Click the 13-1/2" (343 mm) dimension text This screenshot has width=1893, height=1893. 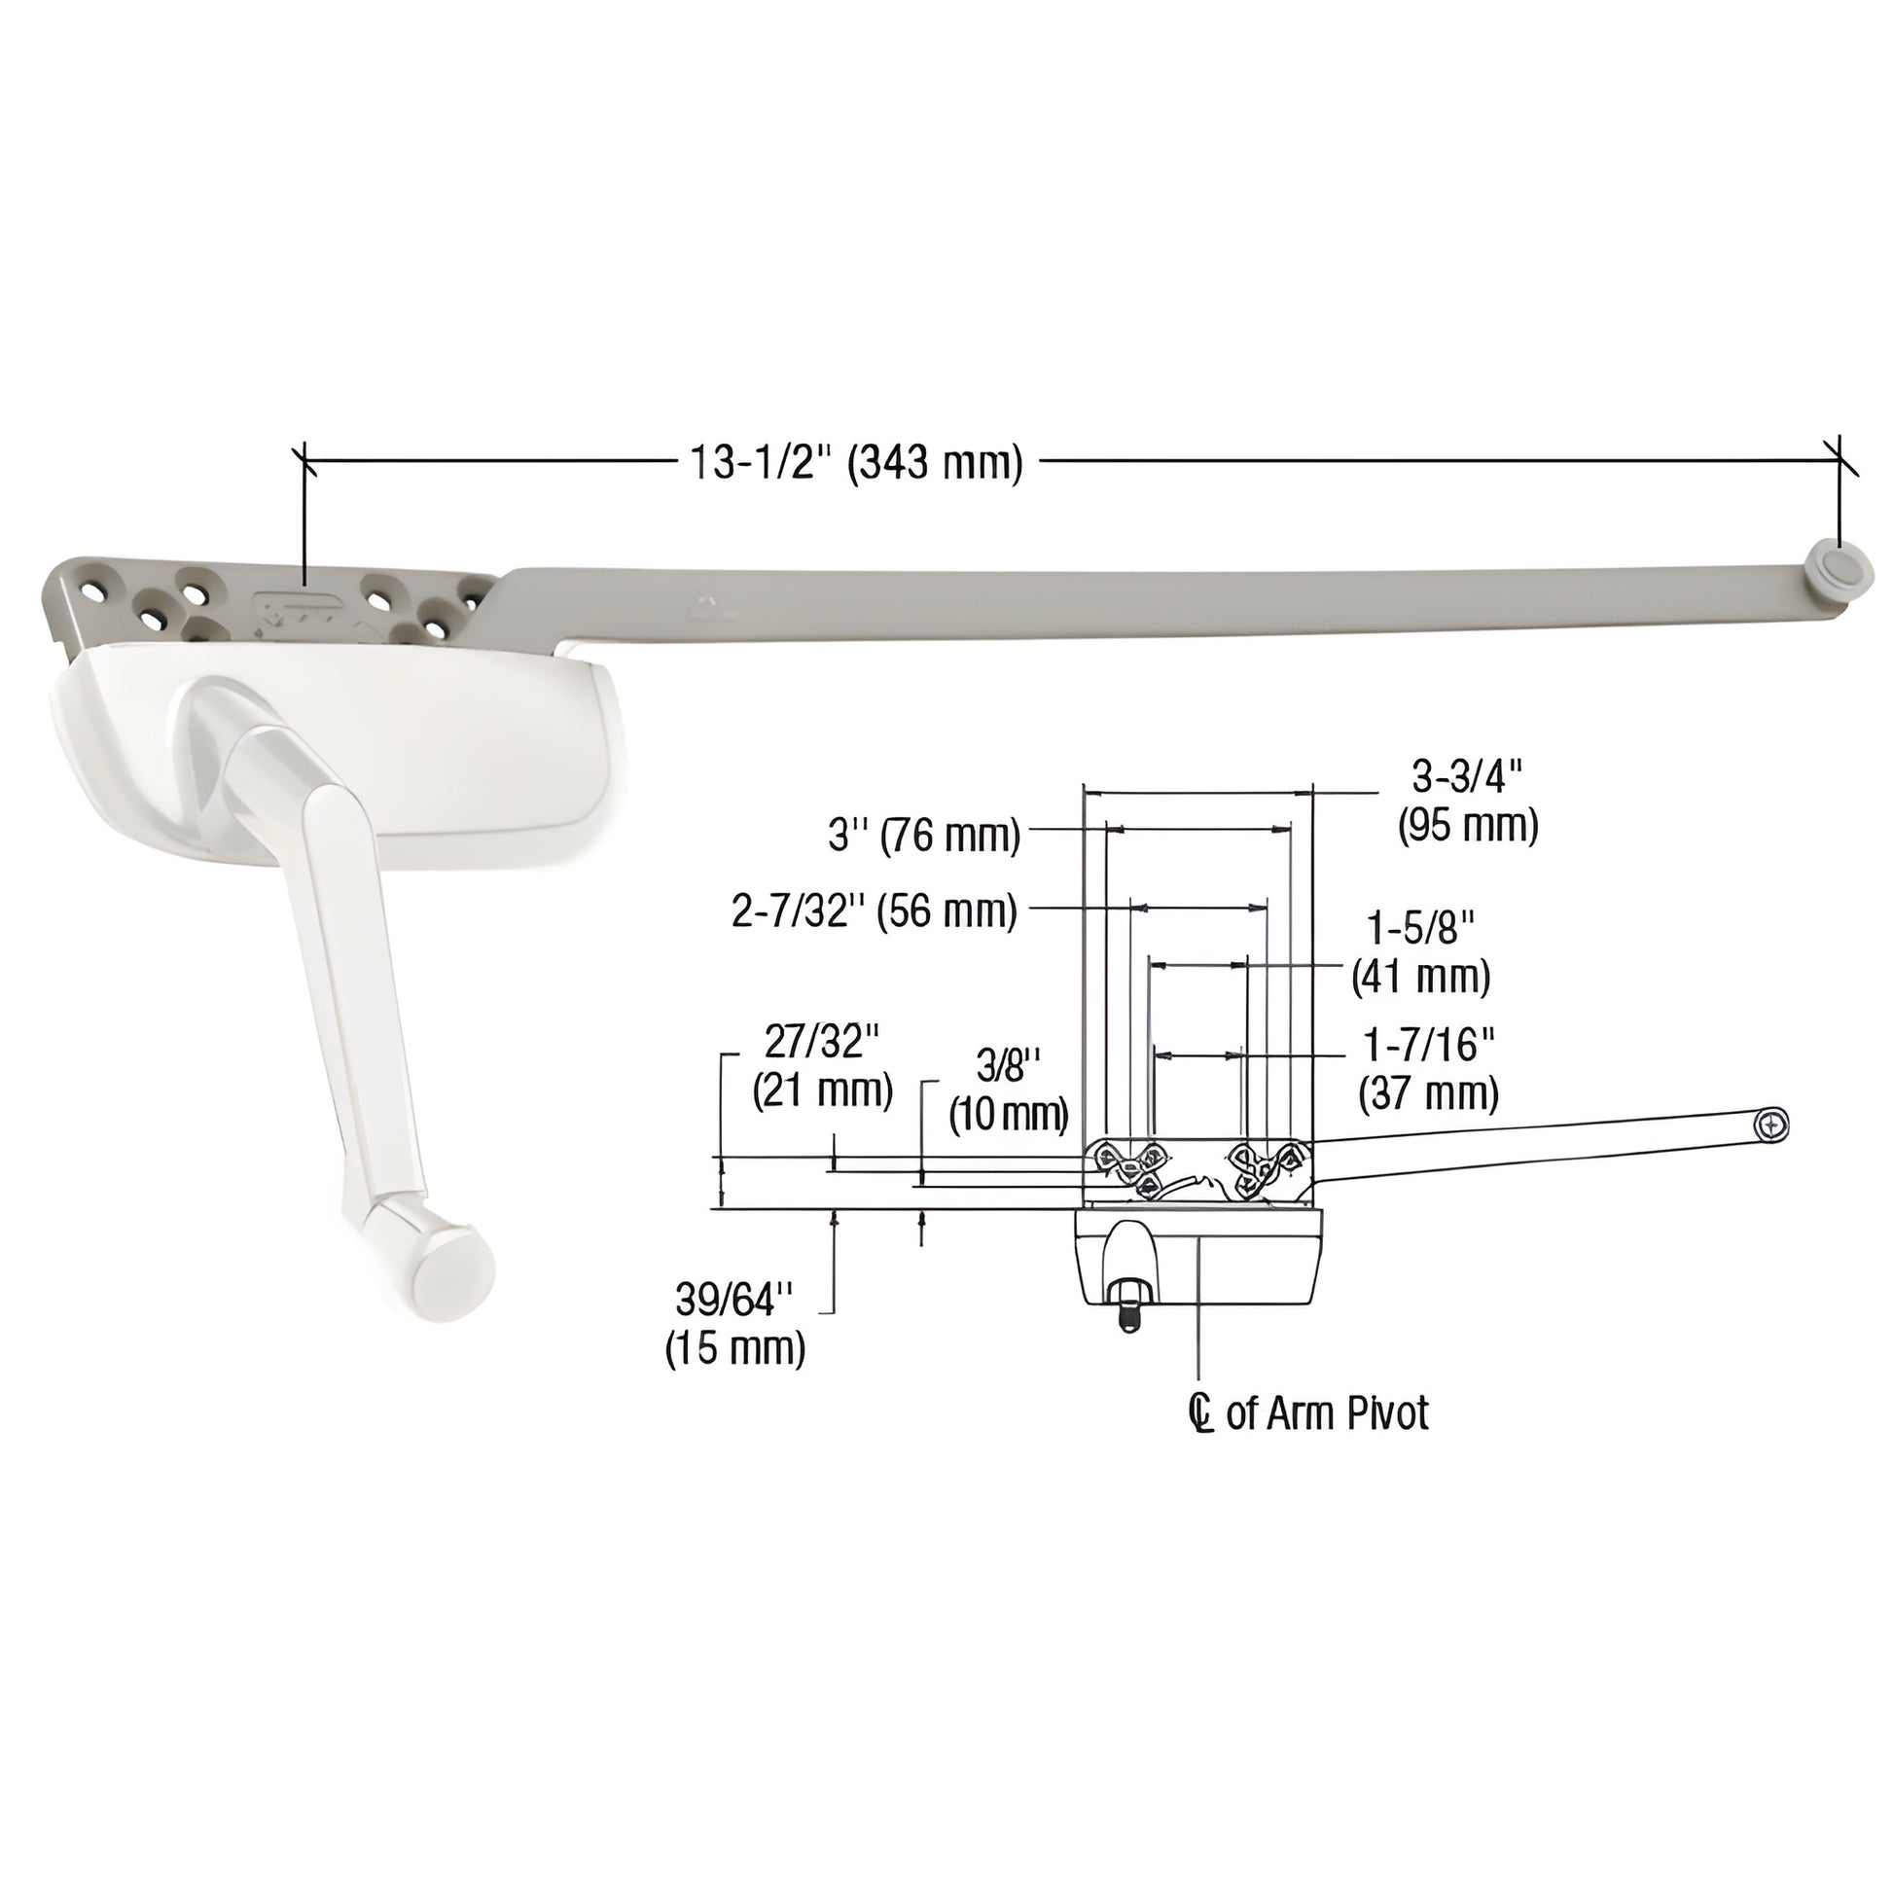[x=856, y=461]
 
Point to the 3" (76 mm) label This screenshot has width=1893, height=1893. [x=924, y=836]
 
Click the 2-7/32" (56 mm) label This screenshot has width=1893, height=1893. [x=874, y=912]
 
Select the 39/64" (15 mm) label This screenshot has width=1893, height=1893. [x=734, y=1324]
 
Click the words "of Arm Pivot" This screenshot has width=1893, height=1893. [x=1327, y=1412]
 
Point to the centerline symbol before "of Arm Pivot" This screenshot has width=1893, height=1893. [x=1200, y=1413]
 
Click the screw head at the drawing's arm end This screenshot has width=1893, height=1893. [x=1772, y=1125]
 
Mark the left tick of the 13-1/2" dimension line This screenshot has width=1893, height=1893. [x=305, y=459]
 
